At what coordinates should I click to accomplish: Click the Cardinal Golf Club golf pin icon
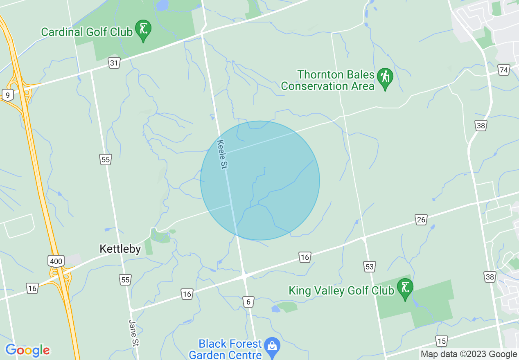(x=143, y=29)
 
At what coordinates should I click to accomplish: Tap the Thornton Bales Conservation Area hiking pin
(x=385, y=77)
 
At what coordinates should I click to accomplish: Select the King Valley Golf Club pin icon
(x=405, y=288)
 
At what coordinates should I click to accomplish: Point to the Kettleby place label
(x=120, y=249)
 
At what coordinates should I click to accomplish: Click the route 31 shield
(x=114, y=63)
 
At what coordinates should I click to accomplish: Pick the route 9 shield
(x=7, y=95)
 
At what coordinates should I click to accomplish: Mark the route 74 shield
(x=504, y=70)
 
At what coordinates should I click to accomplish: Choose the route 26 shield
(x=421, y=220)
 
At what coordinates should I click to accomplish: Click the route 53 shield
(x=370, y=267)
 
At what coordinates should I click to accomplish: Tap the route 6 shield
(x=248, y=302)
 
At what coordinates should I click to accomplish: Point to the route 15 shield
(x=441, y=341)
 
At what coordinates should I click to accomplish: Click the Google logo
(x=27, y=350)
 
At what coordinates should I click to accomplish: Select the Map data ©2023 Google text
(x=469, y=354)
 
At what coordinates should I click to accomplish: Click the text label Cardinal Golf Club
(x=87, y=32)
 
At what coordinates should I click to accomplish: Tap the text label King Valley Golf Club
(x=341, y=290)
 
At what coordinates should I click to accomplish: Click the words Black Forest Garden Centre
(x=230, y=349)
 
